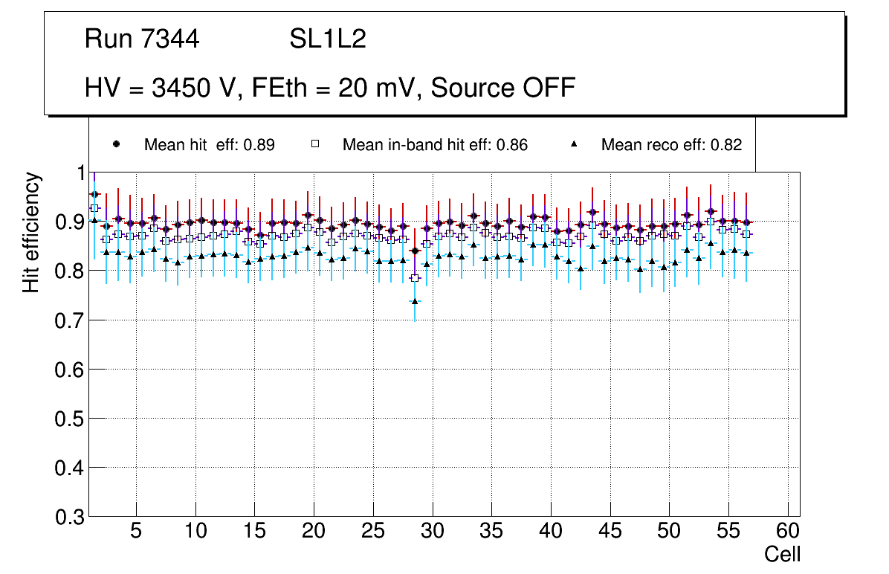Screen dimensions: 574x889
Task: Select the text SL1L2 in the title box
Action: point(328,39)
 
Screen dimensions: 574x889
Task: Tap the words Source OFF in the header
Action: point(503,88)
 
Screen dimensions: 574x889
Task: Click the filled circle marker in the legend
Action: point(116,144)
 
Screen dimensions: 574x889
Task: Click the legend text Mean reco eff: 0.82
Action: point(671,145)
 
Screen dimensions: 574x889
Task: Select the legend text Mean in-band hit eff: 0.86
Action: point(435,145)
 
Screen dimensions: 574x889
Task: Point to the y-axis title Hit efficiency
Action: point(31,232)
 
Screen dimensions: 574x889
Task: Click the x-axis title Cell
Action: point(783,554)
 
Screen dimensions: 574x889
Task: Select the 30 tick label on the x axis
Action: point(432,532)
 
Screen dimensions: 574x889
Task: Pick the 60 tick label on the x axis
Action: point(788,532)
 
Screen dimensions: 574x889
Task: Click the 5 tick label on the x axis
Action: point(136,532)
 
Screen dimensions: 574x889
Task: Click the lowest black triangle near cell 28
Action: point(415,301)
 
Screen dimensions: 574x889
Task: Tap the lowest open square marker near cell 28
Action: point(415,278)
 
